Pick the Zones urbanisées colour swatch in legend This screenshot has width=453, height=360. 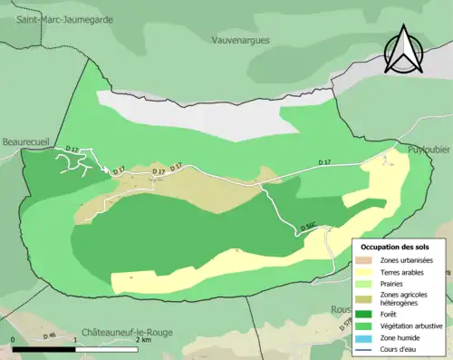367,259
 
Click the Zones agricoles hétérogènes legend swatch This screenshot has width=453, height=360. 367,298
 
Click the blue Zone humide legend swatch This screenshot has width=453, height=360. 367,338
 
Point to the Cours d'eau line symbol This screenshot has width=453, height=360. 367,349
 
